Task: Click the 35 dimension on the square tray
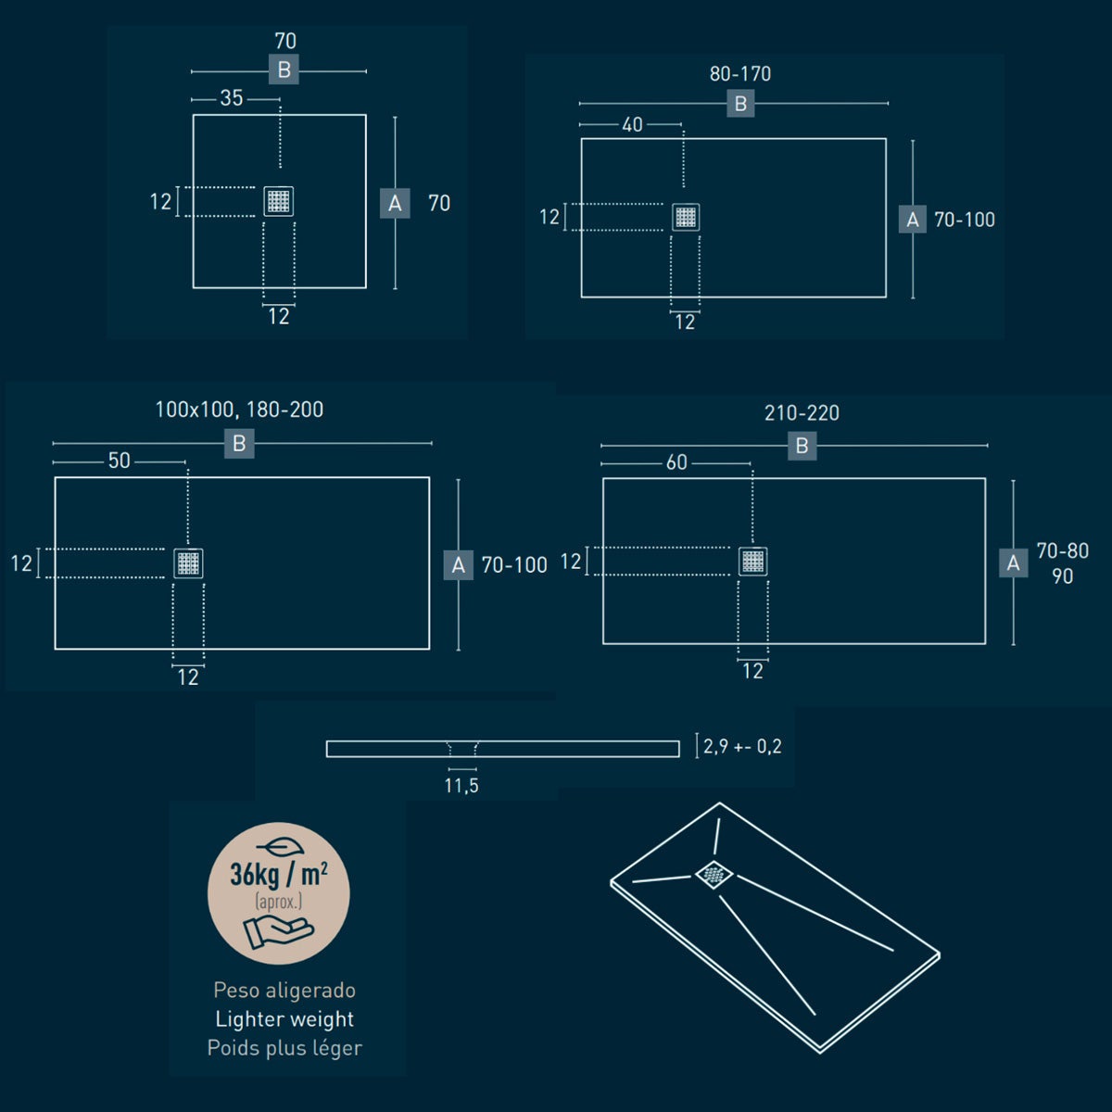(x=232, y=98)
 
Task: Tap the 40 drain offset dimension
(x=633, y=125)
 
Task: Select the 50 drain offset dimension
(x=120, y=461)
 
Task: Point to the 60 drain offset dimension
(x=676, y=462)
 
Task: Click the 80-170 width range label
(x=740, y=74)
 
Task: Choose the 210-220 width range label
(x=802, y=413)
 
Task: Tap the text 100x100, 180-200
(x=239, y=410)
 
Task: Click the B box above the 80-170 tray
(x=741, y=104)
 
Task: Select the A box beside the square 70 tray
(x=395, y=203)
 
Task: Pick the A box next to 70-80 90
(x=1014, y=562)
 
